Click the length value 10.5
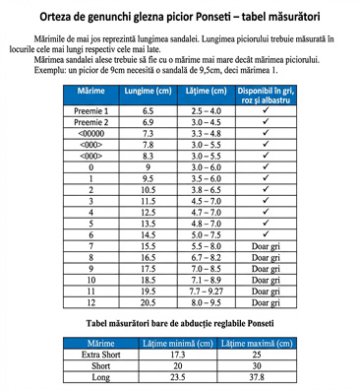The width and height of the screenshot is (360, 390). click(149, 187)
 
